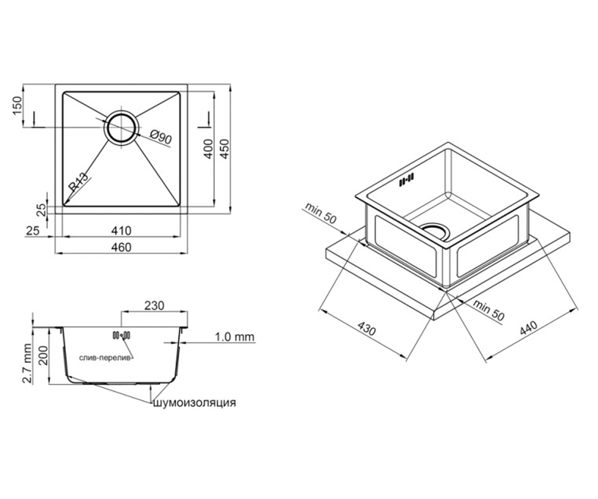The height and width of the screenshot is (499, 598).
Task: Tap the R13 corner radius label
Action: pos(78,182)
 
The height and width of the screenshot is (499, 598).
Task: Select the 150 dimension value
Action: pos(17,105)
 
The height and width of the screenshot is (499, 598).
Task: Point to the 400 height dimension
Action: pos(208,149)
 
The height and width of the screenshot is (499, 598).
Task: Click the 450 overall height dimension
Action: pos(225,149)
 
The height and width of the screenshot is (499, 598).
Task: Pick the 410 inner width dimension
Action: pos(122,231)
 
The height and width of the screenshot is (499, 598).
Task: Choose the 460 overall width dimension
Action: pos(122,247)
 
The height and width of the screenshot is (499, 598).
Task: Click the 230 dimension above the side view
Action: pos(154,306)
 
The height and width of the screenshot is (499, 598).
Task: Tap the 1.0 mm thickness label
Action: pos(235,337)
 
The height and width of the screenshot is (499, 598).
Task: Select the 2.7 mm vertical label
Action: pos(27,363)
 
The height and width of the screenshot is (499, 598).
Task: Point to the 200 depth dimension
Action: pos(43,355)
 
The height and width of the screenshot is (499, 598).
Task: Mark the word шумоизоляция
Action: pos(195,402)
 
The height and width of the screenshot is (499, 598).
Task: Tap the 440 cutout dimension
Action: pos(528,328)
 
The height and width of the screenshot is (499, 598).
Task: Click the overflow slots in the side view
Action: pos(122,335)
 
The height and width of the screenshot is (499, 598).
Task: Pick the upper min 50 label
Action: pos(320,214)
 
